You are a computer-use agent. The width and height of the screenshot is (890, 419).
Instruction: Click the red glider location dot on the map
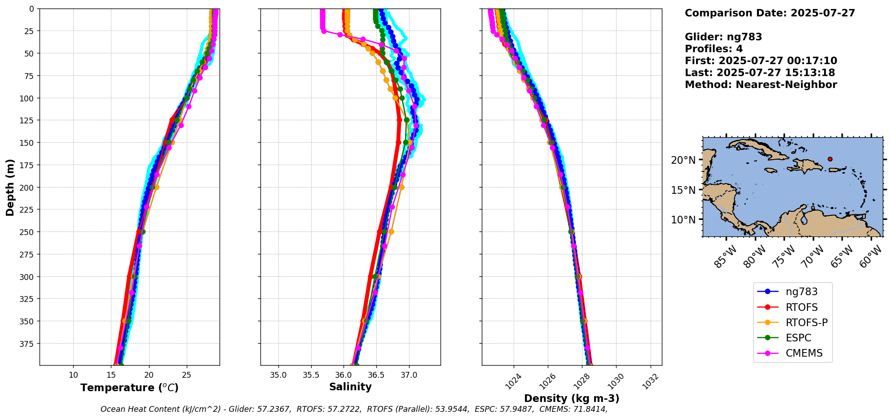pos(830,159)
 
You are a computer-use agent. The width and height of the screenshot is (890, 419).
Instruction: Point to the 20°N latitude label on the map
pos(683,160)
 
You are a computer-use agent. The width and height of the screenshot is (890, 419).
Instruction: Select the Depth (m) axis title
pos(10,187)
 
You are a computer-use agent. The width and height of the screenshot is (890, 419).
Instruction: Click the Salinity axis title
pos(350,387)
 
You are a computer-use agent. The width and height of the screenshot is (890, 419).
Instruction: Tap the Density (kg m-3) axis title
pos(572,398)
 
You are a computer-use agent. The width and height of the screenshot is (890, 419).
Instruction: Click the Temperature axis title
pos(129,388)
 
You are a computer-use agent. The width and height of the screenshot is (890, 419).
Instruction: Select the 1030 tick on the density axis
pos(616,381)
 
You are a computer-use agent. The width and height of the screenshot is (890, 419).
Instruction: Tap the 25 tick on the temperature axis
pos(187,375)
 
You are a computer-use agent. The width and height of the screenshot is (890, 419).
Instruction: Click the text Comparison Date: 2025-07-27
pos(770,13)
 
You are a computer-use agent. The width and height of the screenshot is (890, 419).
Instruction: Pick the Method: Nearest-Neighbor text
pos(761,85)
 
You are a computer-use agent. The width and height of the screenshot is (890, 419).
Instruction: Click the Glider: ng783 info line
pos(723,37)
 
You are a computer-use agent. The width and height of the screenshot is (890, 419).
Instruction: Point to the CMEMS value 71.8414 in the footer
pos(588,409)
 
